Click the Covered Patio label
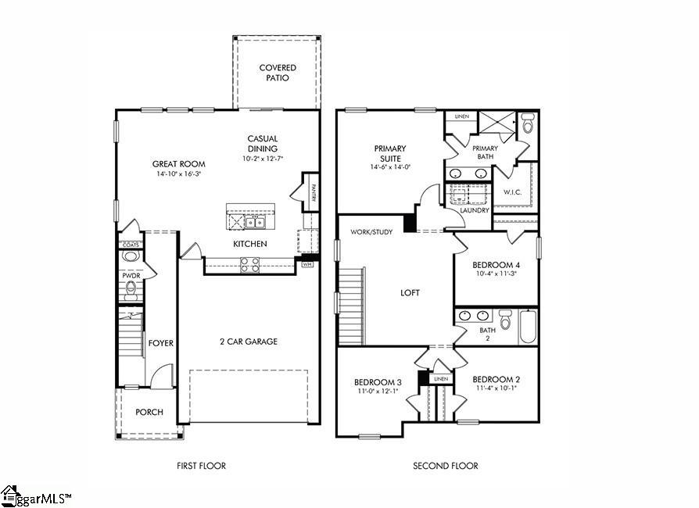[278, 73]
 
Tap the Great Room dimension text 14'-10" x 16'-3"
[178, 175]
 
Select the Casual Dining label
[263, 144]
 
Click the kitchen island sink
[256, 223]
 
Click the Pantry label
[313, 193]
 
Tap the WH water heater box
[307, 265]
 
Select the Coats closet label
[131, 245]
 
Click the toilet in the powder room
[131, 291]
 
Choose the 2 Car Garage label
[249, 342]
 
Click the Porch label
[149, 412]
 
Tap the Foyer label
[161, 343]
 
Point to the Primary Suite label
[390, 153]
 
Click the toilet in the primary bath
[528, 123]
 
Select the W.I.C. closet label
[513, 191]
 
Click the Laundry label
[475, 210]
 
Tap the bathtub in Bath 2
[528, 327]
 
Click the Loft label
[410, 293]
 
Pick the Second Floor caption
[445, 466]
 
